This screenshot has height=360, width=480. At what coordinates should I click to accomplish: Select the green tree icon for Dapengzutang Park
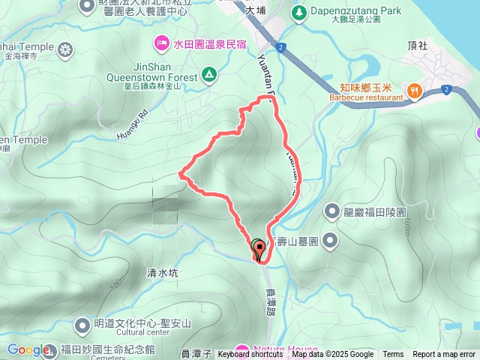click(299, 12)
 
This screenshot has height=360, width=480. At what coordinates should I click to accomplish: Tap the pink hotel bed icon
click(161, 43)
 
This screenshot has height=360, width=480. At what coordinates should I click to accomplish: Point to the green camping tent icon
click(208, 75)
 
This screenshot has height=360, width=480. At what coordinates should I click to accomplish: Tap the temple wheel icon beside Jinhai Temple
click(67, 50)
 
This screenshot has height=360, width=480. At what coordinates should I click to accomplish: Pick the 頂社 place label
click(417, 45)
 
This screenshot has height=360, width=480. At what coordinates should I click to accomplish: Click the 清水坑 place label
click(163, 274)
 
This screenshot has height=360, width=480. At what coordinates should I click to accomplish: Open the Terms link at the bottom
click(393, 355)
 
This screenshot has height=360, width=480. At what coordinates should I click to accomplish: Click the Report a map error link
click(445, 355)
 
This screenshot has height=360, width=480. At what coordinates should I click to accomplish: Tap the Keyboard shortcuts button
click(250, 355)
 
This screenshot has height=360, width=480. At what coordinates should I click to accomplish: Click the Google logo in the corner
click(28, 350)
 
